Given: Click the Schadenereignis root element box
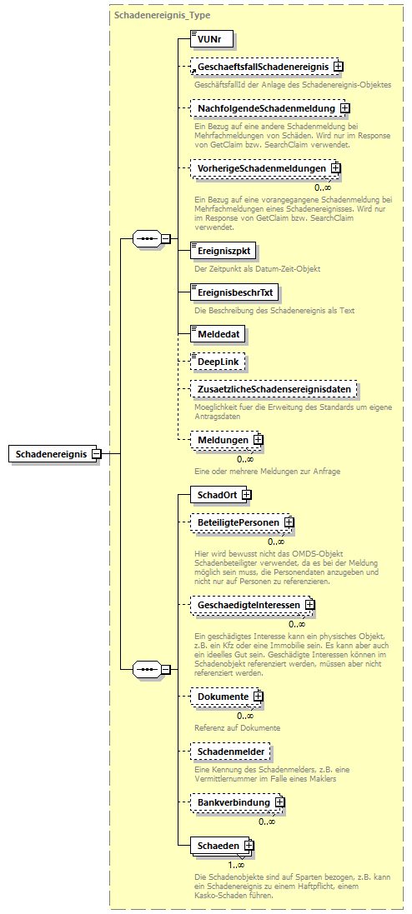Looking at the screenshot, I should (50, 453).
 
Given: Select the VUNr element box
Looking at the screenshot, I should (210, 39).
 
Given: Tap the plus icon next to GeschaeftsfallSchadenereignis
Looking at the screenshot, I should (339, 66).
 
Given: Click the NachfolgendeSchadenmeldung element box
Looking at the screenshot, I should (264, 108).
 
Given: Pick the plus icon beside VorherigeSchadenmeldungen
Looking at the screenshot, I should (335, 168).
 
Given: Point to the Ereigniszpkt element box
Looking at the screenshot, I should (221, 249).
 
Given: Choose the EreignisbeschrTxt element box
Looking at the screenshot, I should (234, 292).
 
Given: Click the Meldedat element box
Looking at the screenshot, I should (216, 333).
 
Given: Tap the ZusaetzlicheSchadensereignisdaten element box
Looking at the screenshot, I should (273, 389).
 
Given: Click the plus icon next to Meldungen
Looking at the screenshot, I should (259, 439).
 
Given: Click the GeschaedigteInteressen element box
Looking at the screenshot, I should (249, 604).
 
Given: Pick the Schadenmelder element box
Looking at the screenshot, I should (229, 752).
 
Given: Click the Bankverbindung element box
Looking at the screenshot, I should (233, 802).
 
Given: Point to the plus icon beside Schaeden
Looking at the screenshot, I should (249, 846).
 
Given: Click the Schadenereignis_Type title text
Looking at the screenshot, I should (150, 16).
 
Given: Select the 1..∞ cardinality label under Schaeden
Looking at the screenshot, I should (236, 864).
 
